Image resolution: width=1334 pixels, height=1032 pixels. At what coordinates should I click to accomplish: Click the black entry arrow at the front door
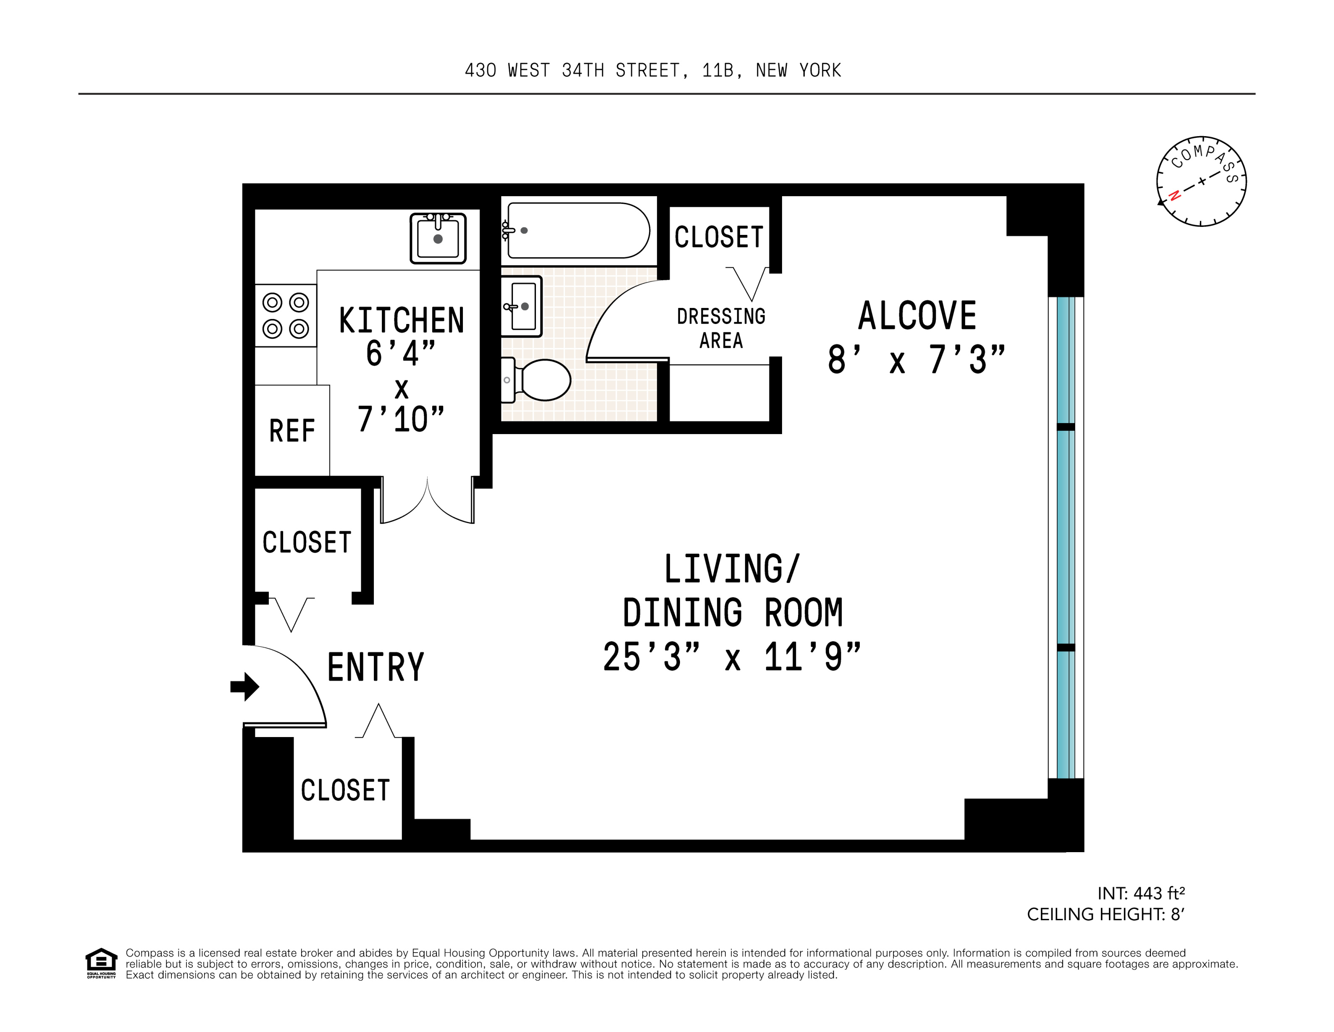click(x=245, y=686)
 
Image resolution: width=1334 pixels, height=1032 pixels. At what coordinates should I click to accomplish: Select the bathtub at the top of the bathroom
click(x=577, y=230)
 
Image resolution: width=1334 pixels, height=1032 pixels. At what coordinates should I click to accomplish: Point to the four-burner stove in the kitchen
click(x=285, y=315)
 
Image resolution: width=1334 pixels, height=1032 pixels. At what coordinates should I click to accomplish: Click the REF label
click(x=292, y=432)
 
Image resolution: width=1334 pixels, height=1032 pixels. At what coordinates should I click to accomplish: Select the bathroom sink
click(x=521, y=306)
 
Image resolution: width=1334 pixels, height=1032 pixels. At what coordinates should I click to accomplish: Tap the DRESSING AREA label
click(x=721, y=328)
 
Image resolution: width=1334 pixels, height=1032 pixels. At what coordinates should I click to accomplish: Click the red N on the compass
click(x=1174, y=195)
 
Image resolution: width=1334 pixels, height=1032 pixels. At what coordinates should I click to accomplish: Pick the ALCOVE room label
click(x=917, y=316)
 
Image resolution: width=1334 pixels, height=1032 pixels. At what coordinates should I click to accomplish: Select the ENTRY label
click(x=375, y=667)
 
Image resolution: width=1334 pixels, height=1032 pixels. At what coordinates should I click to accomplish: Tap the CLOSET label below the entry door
click(x=345, y=790)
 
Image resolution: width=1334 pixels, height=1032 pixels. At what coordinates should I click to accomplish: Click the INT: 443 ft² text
click(x=1140, y=893)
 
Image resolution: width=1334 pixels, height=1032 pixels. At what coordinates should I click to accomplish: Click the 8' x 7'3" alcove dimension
click(x=916, y=359)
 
